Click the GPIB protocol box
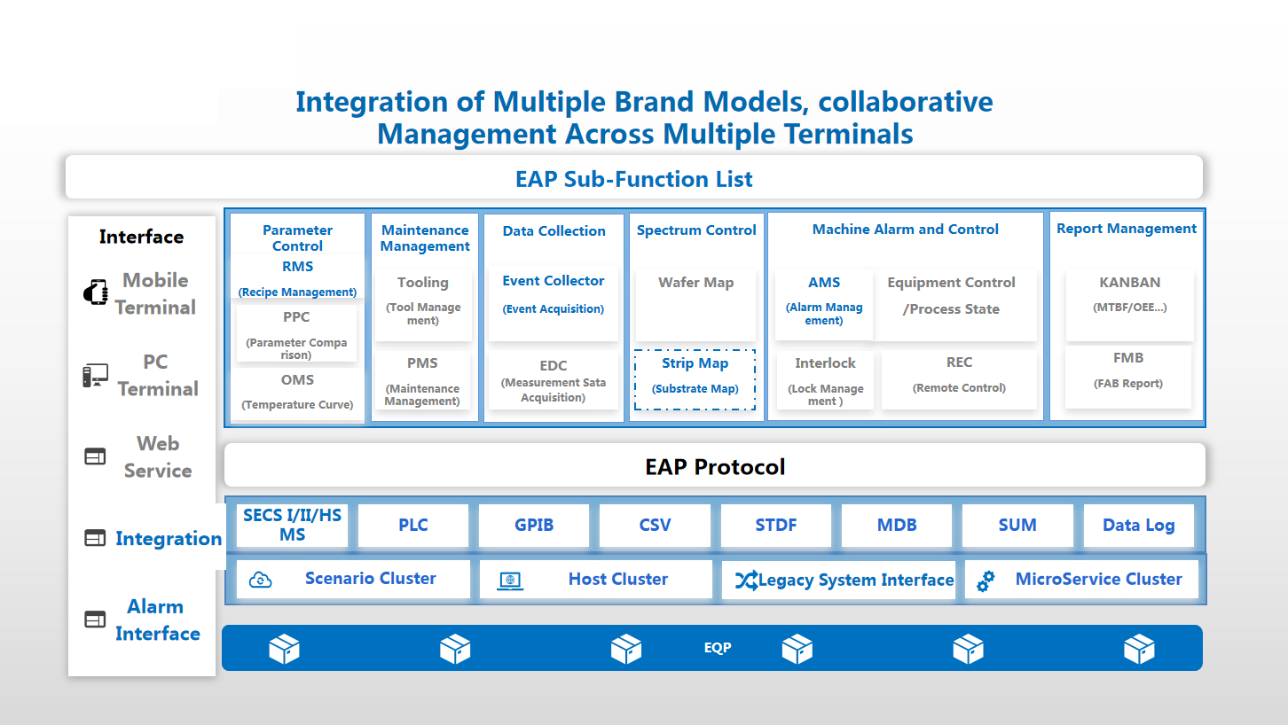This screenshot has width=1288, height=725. [534, 525]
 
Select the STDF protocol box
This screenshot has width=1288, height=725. [775, 525]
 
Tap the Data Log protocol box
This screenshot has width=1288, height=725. [1138, 525]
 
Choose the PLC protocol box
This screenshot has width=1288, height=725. [412, 525]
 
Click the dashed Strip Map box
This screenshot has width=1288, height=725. [695, 379]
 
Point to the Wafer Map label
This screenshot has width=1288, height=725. [695, 283]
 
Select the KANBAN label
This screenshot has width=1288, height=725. [1130, 283]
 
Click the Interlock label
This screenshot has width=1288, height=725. [825, 363]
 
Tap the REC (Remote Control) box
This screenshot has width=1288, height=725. [959, 379]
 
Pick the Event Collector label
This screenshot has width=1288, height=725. [554, 281]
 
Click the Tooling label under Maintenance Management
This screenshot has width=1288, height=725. [422, 283]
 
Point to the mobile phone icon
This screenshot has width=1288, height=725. [96, 292]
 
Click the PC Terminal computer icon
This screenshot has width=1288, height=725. [96, 376]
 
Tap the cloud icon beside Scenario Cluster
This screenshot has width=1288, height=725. [261, 580]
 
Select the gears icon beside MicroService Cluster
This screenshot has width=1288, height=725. [986, 581]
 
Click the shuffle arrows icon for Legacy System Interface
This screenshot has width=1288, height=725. [746, 581]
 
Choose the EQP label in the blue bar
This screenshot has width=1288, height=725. [718, 648]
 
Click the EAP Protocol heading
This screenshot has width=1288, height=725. [715, 467]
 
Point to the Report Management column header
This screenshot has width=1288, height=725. [1127, 229]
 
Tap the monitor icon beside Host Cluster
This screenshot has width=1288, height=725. [510, 581]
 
